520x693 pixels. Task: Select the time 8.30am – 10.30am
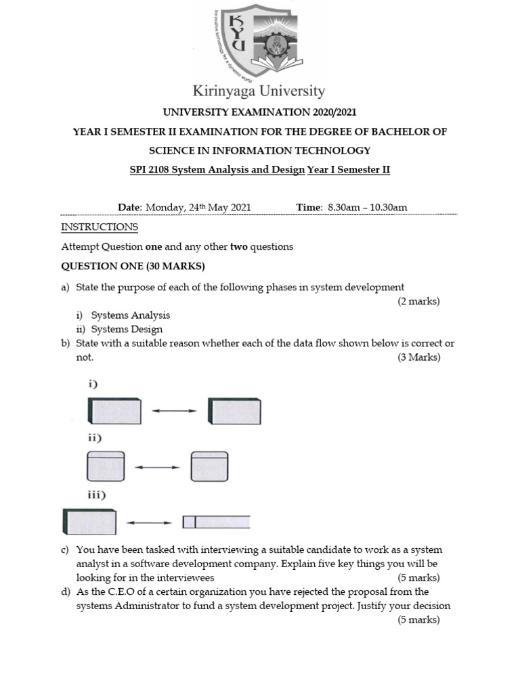367,207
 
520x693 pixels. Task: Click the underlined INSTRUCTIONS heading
100,227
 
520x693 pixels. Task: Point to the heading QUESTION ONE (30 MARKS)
133,266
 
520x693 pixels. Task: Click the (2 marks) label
418,301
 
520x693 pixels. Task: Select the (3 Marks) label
418,357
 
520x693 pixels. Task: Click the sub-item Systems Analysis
131,315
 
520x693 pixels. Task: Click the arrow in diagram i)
174,411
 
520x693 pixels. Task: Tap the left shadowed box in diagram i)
114,411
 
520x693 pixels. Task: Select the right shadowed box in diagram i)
234,411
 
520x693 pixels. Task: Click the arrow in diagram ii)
157,467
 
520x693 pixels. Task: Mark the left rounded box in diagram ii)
106,466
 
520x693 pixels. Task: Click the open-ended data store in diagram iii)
216,522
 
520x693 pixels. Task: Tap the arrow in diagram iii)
150,522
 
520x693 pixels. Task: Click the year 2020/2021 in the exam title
324,112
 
